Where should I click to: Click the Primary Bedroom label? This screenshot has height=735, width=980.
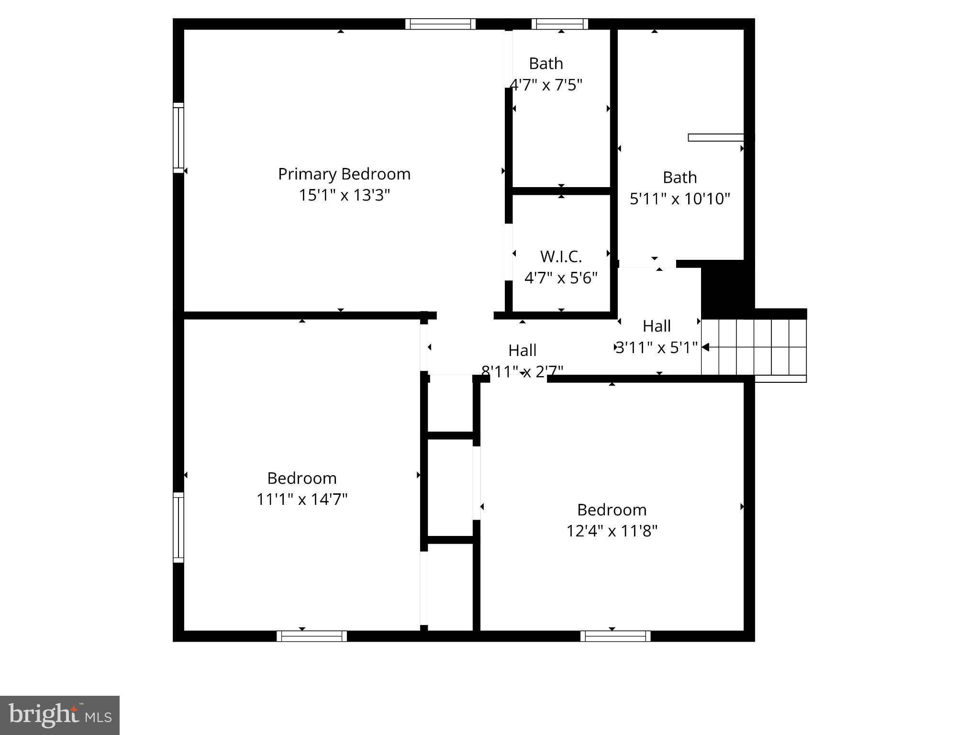point(344,174)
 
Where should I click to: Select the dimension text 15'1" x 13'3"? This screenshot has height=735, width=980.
point(344,195)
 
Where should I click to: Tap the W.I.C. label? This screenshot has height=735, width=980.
point(561,257)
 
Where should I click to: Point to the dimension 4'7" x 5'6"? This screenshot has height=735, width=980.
point(561,278)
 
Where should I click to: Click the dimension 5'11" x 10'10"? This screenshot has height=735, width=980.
point(679,199)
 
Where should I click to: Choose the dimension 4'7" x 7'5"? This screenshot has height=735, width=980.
point(546,85)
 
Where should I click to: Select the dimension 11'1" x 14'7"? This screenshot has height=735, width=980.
point(301,500)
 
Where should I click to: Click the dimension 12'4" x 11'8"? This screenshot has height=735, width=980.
point(612,531)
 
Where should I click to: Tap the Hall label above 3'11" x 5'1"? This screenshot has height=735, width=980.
point(656,326)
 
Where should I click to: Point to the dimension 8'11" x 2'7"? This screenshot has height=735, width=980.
point(522,371)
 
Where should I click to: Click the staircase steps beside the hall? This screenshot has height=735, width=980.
point(754,347)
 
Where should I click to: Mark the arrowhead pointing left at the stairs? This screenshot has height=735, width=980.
point(705,347)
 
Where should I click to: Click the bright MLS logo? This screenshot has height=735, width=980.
point(60,715)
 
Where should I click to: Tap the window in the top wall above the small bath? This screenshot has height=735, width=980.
point(559,24)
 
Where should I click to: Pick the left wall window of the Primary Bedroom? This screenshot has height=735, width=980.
point(178,138)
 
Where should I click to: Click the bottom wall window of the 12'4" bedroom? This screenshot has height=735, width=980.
point(615,636)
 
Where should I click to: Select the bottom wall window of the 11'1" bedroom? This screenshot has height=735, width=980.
point(312,636)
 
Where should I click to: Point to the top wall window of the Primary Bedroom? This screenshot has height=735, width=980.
point(440,24)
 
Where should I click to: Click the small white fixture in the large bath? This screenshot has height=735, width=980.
point(716,138)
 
